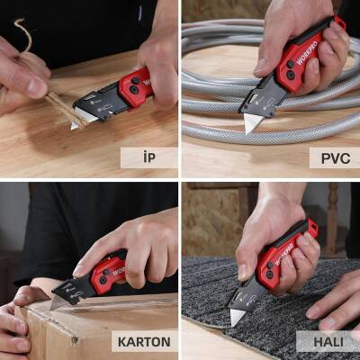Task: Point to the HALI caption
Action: pos(330,342)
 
